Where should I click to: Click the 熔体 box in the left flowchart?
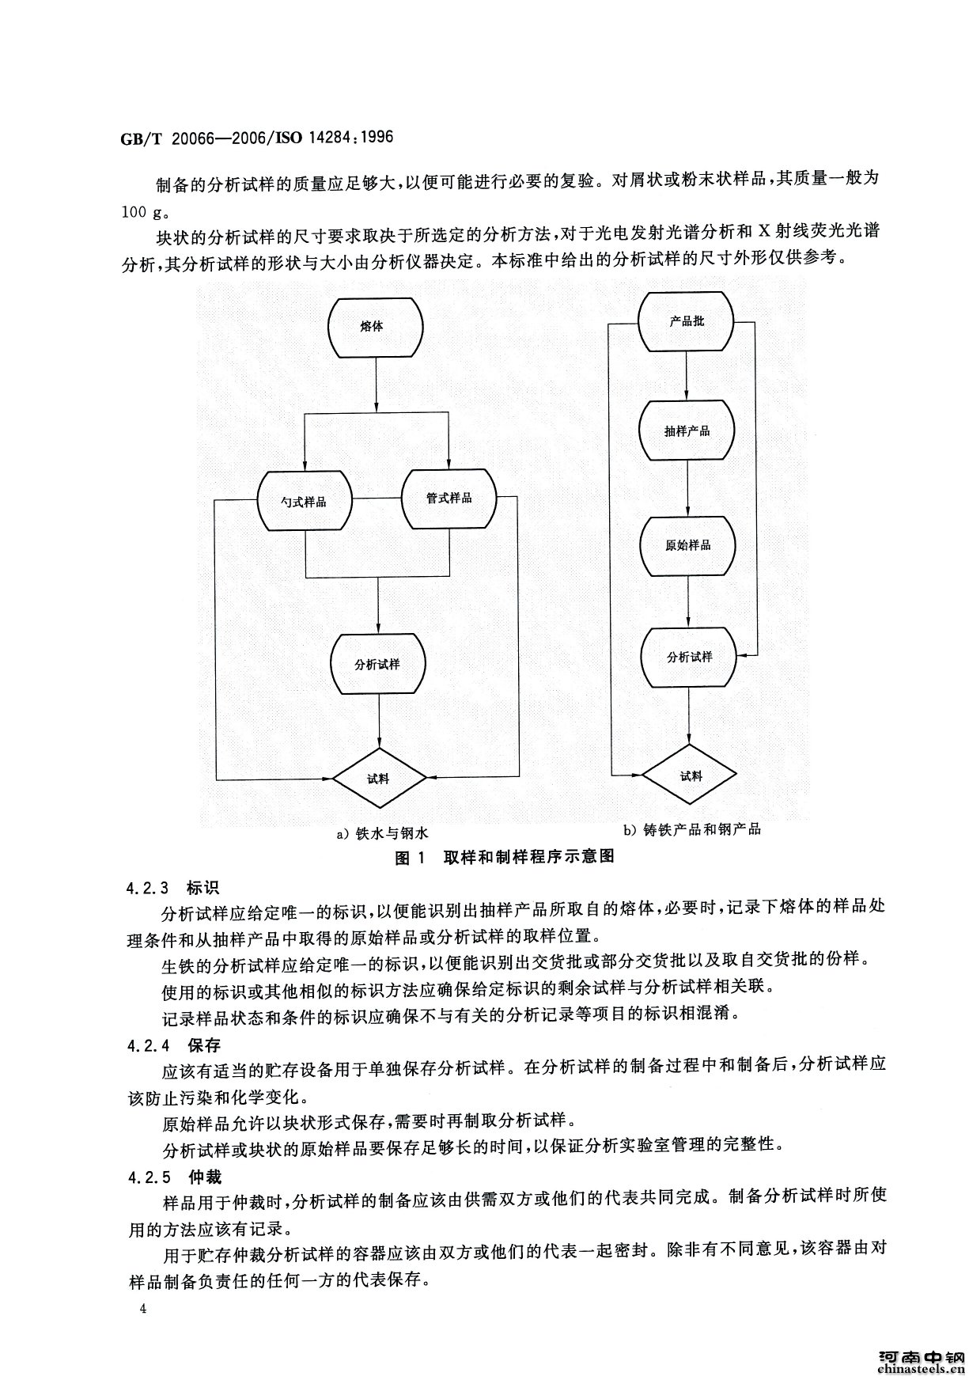(x=376, y=325)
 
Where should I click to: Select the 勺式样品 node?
(x=305, y=501)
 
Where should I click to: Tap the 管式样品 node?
(x=449, y=499)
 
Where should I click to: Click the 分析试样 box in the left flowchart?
(x=377, y=663)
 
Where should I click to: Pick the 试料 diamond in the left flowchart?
(x=379, y=778)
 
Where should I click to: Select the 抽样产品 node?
(x=687, y=430)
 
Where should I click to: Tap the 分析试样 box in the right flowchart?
(x=690, y=658)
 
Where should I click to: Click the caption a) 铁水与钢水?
(x=382, y=832)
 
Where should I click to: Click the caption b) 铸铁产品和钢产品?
(x=692, y=829)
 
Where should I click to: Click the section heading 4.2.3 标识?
(x=172, y=885)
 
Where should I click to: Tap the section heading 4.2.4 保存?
(x=172, y=1045)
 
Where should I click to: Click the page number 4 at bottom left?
(x=143, y=1309)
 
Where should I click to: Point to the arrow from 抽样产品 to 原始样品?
(x=687, y=488)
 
